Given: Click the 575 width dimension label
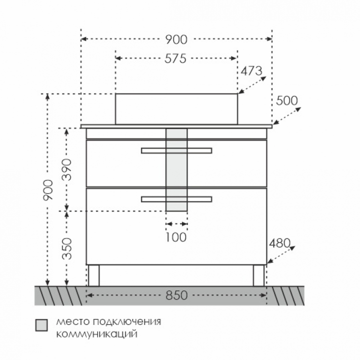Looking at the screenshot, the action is (175, 58).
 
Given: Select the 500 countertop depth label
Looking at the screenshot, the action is (287, 100).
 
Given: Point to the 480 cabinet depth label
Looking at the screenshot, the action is (279, 243).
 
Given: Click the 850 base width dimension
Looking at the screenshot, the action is (176, 295).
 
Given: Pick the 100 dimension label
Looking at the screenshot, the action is (176, 237).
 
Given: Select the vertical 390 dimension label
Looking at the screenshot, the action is (67, 169).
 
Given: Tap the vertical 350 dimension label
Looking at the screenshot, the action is (67, 249).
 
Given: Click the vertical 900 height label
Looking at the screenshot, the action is (48, 190).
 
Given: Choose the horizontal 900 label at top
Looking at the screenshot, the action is (176, 39).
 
